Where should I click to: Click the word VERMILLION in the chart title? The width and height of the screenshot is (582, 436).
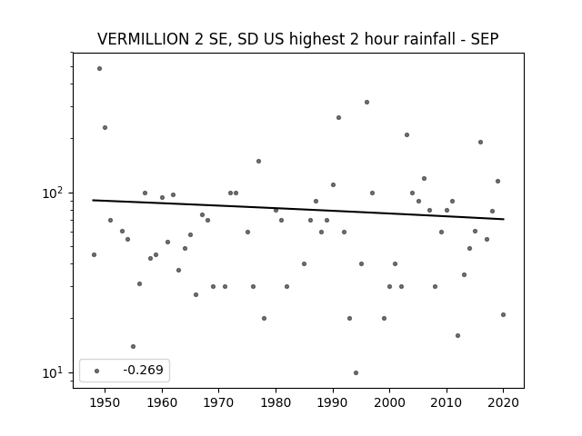tap(143, 39)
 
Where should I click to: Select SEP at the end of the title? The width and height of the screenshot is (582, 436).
tap(485, 39)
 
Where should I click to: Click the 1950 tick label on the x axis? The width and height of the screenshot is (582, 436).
tap(105, 402)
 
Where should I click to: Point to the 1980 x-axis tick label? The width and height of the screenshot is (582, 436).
tap(276, 402)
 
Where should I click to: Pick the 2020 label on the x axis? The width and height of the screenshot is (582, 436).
tap(503, 402)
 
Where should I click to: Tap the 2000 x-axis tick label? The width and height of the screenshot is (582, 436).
tap(389, 402)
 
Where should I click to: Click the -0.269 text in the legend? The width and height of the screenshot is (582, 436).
tap(144, 370)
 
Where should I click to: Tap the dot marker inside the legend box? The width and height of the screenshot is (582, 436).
tap(97, 371)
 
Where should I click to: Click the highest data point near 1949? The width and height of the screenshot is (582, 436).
tap(99, 69)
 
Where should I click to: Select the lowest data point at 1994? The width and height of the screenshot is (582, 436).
tap(356, 372)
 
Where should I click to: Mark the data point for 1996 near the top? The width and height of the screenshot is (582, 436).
tap(366, 102)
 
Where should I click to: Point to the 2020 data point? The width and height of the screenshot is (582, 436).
tap(503, 315)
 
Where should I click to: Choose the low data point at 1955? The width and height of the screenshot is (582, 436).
tap(134, 346)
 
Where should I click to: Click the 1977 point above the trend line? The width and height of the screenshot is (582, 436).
tap(258, 161)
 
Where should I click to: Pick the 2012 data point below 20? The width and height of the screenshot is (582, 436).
tap(457, 335)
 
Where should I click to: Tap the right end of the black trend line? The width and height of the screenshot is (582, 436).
tap(504, 219)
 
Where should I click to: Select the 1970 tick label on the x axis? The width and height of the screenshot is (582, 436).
tap(218, 402)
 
